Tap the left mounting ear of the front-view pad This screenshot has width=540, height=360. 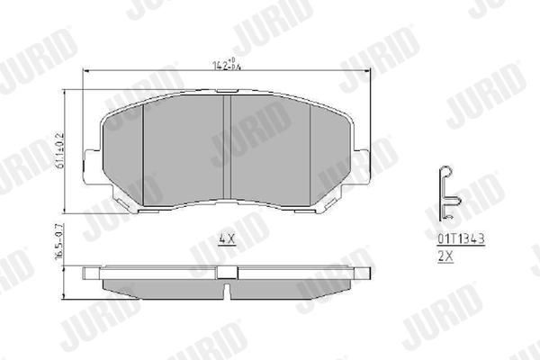click(91, 166)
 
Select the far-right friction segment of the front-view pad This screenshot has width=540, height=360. click(330, 153)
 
